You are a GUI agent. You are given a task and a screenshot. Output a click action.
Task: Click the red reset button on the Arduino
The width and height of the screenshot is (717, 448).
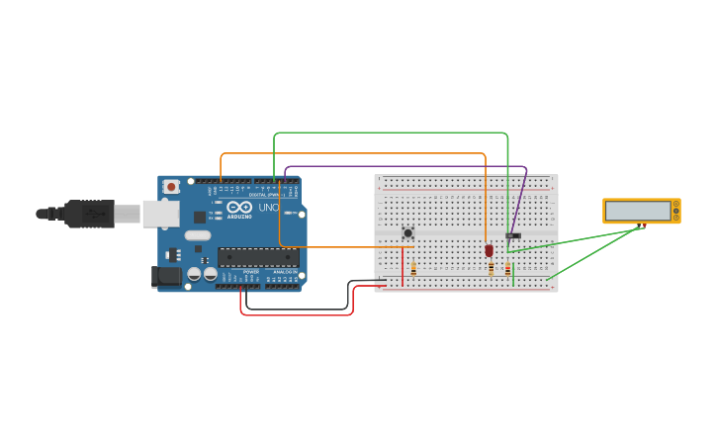171,186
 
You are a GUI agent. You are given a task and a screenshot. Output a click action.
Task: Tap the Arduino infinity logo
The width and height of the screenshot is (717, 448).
239,208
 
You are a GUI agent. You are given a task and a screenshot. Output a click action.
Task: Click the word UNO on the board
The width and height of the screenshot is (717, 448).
268,208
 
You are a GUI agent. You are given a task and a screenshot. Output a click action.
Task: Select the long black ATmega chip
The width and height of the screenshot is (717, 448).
258,257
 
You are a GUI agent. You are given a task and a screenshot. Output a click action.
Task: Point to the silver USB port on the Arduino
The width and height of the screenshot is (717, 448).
160,214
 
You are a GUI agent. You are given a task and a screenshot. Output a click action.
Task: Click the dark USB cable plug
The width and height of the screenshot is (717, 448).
89,213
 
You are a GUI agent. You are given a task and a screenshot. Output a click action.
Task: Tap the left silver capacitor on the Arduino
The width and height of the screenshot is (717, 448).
195,273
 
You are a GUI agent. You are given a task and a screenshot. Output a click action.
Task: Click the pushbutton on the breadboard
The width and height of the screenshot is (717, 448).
407,233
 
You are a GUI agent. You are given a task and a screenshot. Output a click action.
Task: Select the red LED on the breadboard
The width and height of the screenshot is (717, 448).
489,250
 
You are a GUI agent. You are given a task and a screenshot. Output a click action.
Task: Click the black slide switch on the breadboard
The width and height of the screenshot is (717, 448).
512,235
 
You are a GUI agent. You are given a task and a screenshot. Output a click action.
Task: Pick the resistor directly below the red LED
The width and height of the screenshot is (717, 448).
491,268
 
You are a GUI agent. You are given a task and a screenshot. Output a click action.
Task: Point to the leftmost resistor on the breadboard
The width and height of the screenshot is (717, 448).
413,268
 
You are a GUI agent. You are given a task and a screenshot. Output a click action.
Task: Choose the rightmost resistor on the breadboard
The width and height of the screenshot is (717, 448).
507,268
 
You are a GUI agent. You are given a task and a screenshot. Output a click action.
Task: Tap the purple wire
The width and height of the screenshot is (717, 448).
405,166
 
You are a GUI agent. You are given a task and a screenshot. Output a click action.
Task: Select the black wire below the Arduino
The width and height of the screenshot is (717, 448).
297,309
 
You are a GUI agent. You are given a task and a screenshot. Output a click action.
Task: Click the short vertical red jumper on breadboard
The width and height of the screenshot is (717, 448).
402,267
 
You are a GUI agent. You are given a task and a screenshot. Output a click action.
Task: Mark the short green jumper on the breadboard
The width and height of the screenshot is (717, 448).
513,274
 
